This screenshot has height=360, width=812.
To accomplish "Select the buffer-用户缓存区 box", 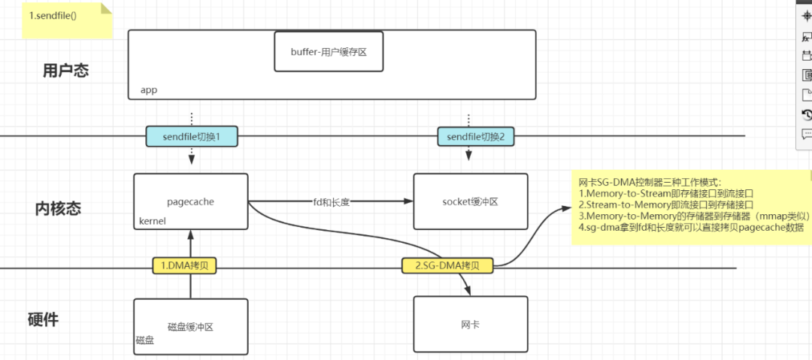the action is click(x=329, y=51).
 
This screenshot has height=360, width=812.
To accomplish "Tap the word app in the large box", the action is click(x=149, y=90).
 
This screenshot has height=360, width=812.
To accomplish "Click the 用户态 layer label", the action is click(x=65, y=71).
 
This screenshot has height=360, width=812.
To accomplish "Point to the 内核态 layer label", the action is click(x=59, y=208).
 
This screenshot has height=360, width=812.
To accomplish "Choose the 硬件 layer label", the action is click(x=43, y=319).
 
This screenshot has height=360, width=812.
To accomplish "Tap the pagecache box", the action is click(x=190, y=201).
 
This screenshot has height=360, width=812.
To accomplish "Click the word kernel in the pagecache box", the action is click(x=152, y=221).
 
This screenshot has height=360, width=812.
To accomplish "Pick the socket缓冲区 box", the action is click(x=470, y=201).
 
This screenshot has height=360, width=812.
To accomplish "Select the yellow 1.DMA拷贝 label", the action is click(x=184, y=265).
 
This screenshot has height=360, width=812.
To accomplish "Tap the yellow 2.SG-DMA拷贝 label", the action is click(x=448, y=265).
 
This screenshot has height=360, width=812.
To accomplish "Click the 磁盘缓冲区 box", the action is click(x=190, y=326).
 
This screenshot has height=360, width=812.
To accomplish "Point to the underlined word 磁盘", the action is click(x=144, y=340).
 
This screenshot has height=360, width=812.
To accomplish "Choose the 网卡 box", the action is click(x=470, y=325).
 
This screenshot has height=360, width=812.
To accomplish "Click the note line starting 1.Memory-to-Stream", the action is click(x=665, y=194).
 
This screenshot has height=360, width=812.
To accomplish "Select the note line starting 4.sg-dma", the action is click(x=691, y=228).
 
